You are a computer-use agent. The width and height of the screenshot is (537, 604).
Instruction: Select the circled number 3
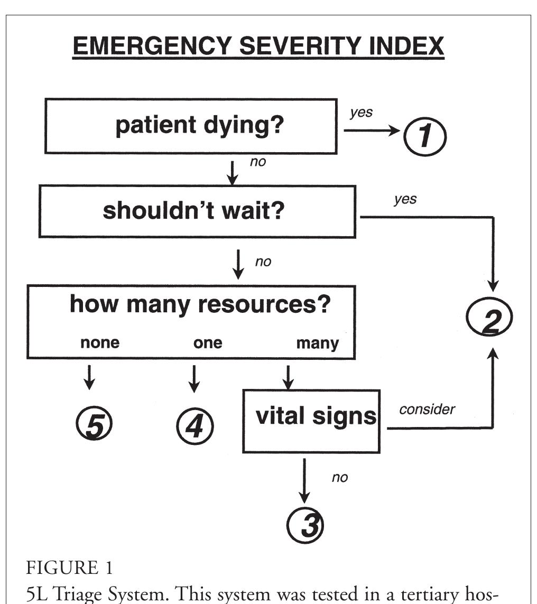coord(304,525)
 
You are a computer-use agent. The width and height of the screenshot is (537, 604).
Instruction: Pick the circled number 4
coord(195,425)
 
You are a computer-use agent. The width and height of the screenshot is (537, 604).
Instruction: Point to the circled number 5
coord(94,425)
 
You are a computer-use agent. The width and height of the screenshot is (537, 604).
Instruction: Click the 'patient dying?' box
coord(191,126)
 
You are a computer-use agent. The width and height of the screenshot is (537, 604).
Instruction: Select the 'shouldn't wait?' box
coord(197,211)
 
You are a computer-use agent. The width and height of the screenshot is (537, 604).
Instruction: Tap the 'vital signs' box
coord(311,421)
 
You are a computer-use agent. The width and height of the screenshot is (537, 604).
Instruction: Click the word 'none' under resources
coord(99,343)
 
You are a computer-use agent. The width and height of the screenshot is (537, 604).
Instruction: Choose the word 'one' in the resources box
coord(208,343)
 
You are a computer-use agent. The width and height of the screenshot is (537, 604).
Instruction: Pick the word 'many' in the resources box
coord(317,343)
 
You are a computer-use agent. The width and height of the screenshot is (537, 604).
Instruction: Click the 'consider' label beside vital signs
coord(427,410)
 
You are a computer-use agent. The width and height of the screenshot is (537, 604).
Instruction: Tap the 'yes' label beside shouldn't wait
coord(404,199)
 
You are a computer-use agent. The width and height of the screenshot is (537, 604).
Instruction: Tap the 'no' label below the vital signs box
coord(340,478)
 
